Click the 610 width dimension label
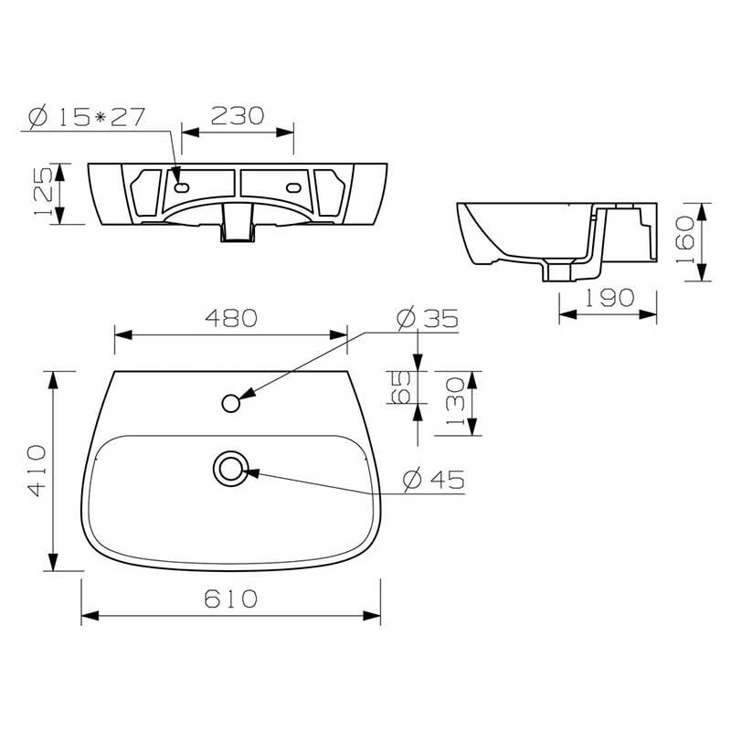click(x=231, y=599)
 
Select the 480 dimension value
click(x=231, y=318)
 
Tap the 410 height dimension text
click(x=37, y=471)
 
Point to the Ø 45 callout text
click(x=434, y=480)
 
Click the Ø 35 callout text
click(x=428, y=318)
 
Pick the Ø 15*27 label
click(x=87, y=117)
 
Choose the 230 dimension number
click(x=238, y=116)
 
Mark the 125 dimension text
click(x=44, y=192)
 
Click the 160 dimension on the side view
click(x=685, y=239)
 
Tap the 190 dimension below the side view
click(x=609, y=298)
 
